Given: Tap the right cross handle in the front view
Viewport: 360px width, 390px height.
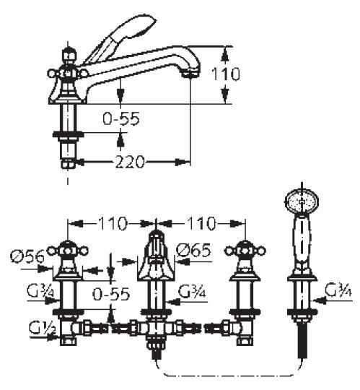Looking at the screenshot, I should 245,251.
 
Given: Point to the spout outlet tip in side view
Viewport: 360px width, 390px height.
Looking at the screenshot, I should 190,72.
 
